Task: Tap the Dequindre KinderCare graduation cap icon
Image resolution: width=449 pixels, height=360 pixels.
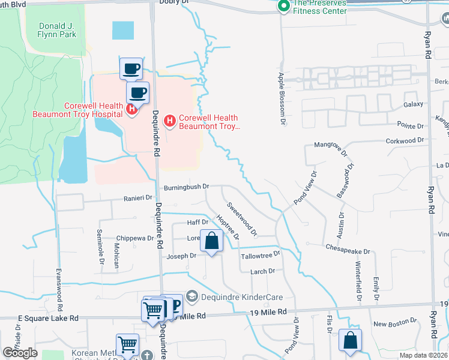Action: [191, 295]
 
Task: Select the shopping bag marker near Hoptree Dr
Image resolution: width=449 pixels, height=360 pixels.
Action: [211, 242]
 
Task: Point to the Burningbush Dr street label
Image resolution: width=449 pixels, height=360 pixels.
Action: [186, 187]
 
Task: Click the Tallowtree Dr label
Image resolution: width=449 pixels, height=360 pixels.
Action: [261, 254]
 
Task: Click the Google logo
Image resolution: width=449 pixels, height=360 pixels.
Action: [20, 353]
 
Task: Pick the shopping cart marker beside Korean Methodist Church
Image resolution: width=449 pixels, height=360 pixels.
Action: [127, 345]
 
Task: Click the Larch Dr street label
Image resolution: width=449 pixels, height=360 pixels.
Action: [262, 271]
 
